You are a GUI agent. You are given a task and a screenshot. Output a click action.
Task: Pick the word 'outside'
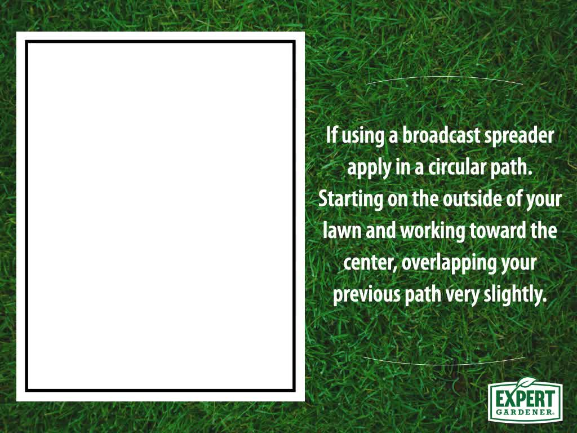[x=472, y=200]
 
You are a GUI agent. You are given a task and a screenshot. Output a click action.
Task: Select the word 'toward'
[x=490, y=231]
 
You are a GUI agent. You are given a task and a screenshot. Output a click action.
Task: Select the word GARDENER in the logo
[x=524, y=414]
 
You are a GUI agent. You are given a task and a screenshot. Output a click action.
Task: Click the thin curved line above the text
[x=444, y=78]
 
